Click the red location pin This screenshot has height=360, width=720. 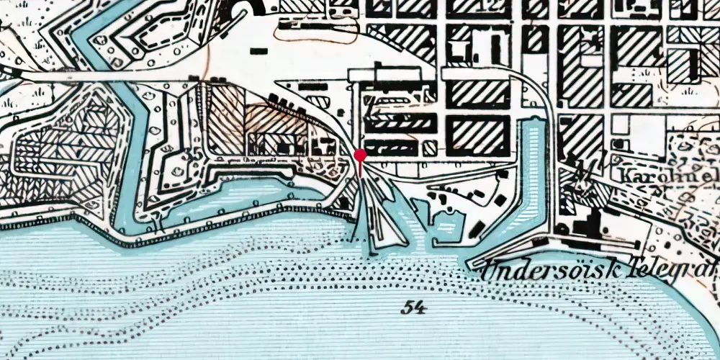360,155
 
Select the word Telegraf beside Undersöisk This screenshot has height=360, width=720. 680,269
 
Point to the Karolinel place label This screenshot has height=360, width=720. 669,175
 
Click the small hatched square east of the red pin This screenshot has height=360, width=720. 429,148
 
